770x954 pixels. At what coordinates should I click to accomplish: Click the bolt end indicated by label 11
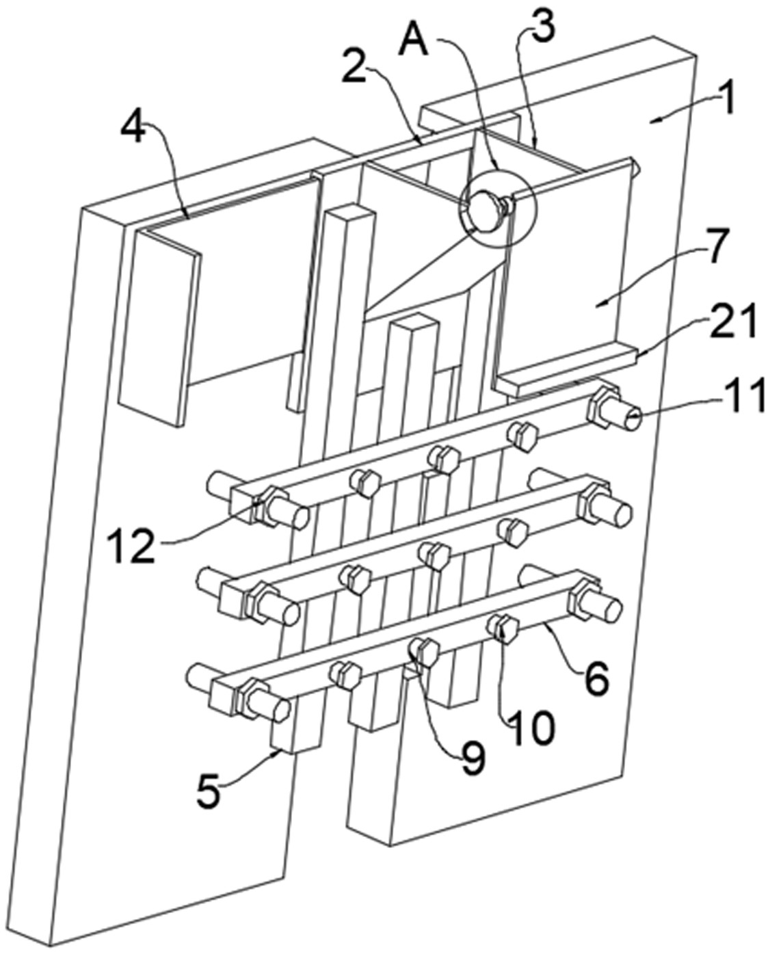click(628, 416)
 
